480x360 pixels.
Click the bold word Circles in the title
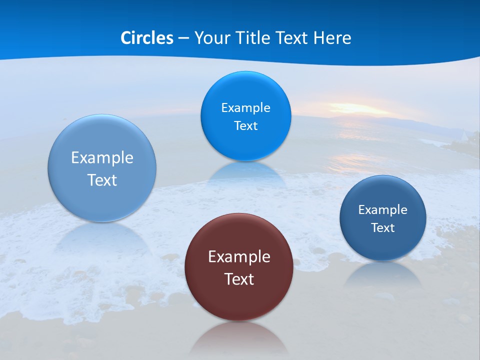tap(146, 38)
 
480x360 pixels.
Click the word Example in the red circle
tap(239, 256)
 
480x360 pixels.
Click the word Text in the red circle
tap(239, 279)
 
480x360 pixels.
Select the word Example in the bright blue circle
tap(245, 107)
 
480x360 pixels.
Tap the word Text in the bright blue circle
tap(245, 125)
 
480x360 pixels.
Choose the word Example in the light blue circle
tap(102, 157)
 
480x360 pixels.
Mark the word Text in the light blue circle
tap(102, 180)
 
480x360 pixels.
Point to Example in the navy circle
tap(382, 209)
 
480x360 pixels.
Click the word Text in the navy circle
tap(382, 228)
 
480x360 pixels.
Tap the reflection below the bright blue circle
tap(245, 172)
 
